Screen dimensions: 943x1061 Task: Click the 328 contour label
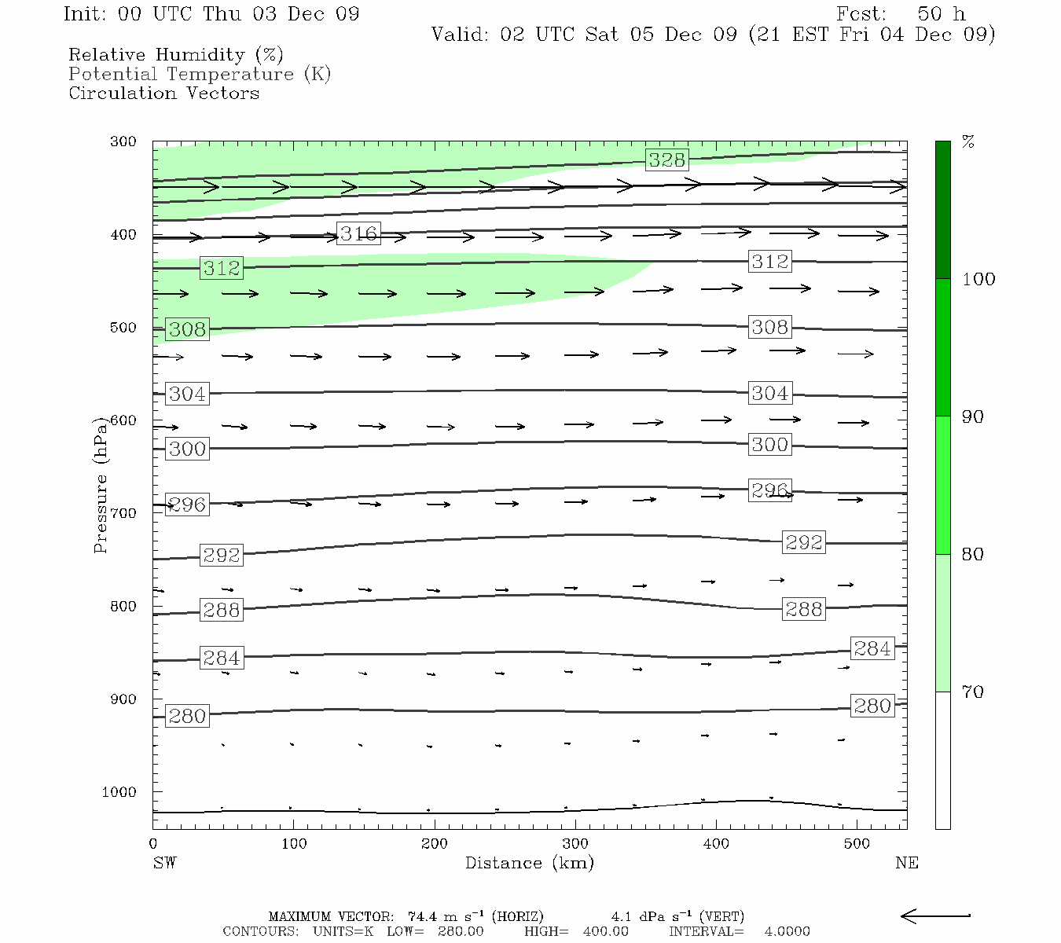point(666,160)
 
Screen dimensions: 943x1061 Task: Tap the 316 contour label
point(358,233)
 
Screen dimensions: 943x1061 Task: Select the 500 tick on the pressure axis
point(123,328)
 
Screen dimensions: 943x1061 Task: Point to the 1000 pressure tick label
point(119,792)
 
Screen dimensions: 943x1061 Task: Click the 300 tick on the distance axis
point(575,844)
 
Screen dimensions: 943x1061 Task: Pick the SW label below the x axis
point(164,863)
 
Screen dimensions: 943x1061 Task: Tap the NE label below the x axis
point(907,863)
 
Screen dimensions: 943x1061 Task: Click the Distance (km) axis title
point(529,863)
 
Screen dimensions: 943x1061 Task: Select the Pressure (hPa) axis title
point(101,485)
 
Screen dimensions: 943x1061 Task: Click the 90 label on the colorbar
point(973,416)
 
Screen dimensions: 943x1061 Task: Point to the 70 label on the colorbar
point(973,692)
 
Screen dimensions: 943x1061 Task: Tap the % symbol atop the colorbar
point(968,142)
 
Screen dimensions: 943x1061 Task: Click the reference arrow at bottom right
point(935,915)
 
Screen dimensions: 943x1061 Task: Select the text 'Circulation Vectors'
point(163,93)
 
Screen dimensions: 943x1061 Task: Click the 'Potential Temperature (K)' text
point(200,74)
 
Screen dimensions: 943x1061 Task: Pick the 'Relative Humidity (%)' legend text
point(175,55)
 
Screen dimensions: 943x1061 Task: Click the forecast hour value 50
point(929,14)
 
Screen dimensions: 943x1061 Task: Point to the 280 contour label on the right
point(872,706)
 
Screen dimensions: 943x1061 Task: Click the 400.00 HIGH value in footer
point(605,931)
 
